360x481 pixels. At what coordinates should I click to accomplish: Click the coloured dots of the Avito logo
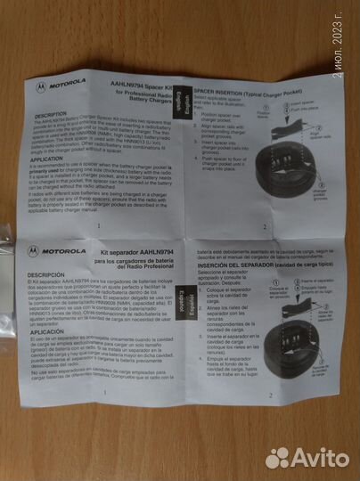[x=277, y=457]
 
